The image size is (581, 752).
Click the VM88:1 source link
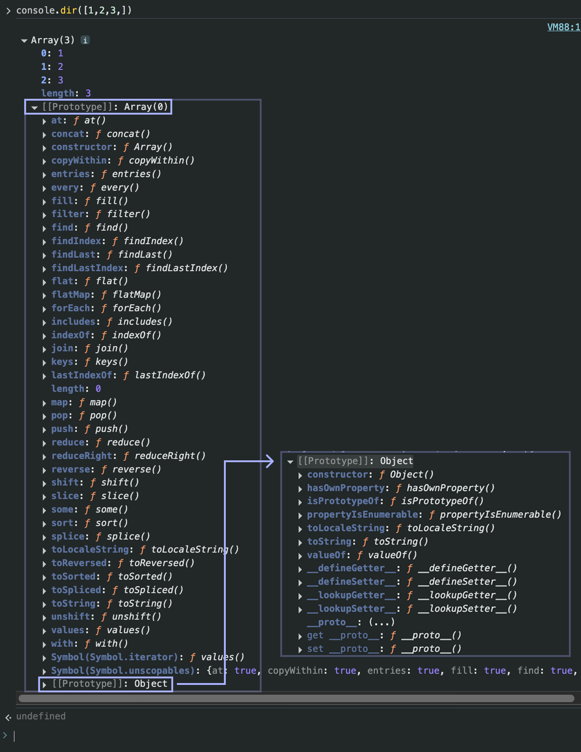pos(563,27)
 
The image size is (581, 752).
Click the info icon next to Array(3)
pos(85,40)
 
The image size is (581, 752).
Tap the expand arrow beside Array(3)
pos(24,41)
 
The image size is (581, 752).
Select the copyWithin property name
pos(79,160)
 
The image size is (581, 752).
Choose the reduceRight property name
pos(81,456)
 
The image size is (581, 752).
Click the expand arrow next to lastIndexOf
pos(44,376)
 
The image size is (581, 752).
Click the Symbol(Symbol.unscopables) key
pos(122,670)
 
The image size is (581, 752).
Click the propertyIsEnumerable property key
pos(362,514)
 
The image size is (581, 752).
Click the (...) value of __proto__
pos(381,622)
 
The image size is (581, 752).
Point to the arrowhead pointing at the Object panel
pos(269,461)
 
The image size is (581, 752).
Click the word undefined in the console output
pos(41,716)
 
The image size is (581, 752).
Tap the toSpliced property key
pos(76,590)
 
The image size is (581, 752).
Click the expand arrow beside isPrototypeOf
pos(300,502)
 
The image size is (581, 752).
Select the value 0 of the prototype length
pos(98,389)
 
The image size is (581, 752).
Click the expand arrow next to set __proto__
pos(300,649)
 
